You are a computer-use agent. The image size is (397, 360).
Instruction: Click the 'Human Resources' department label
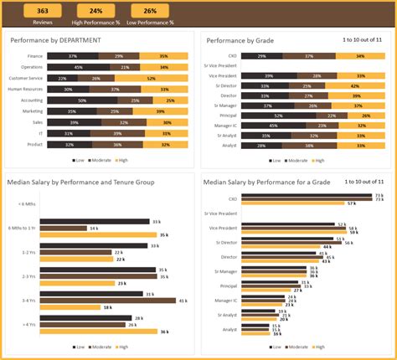pyautogui.click(x=26, y=88)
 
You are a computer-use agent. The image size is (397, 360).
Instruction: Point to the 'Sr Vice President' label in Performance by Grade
pyautogui.click(x=222, y=65)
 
